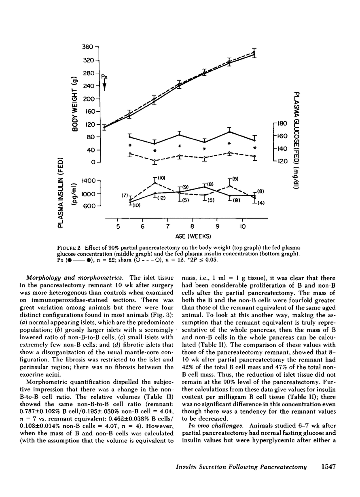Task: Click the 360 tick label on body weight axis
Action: (88, 47)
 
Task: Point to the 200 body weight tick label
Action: (88, 99)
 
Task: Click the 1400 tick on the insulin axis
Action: (89, 181)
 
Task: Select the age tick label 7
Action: (167, 226)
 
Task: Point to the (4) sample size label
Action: (261, 203)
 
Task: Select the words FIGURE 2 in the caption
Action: (80, 247)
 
